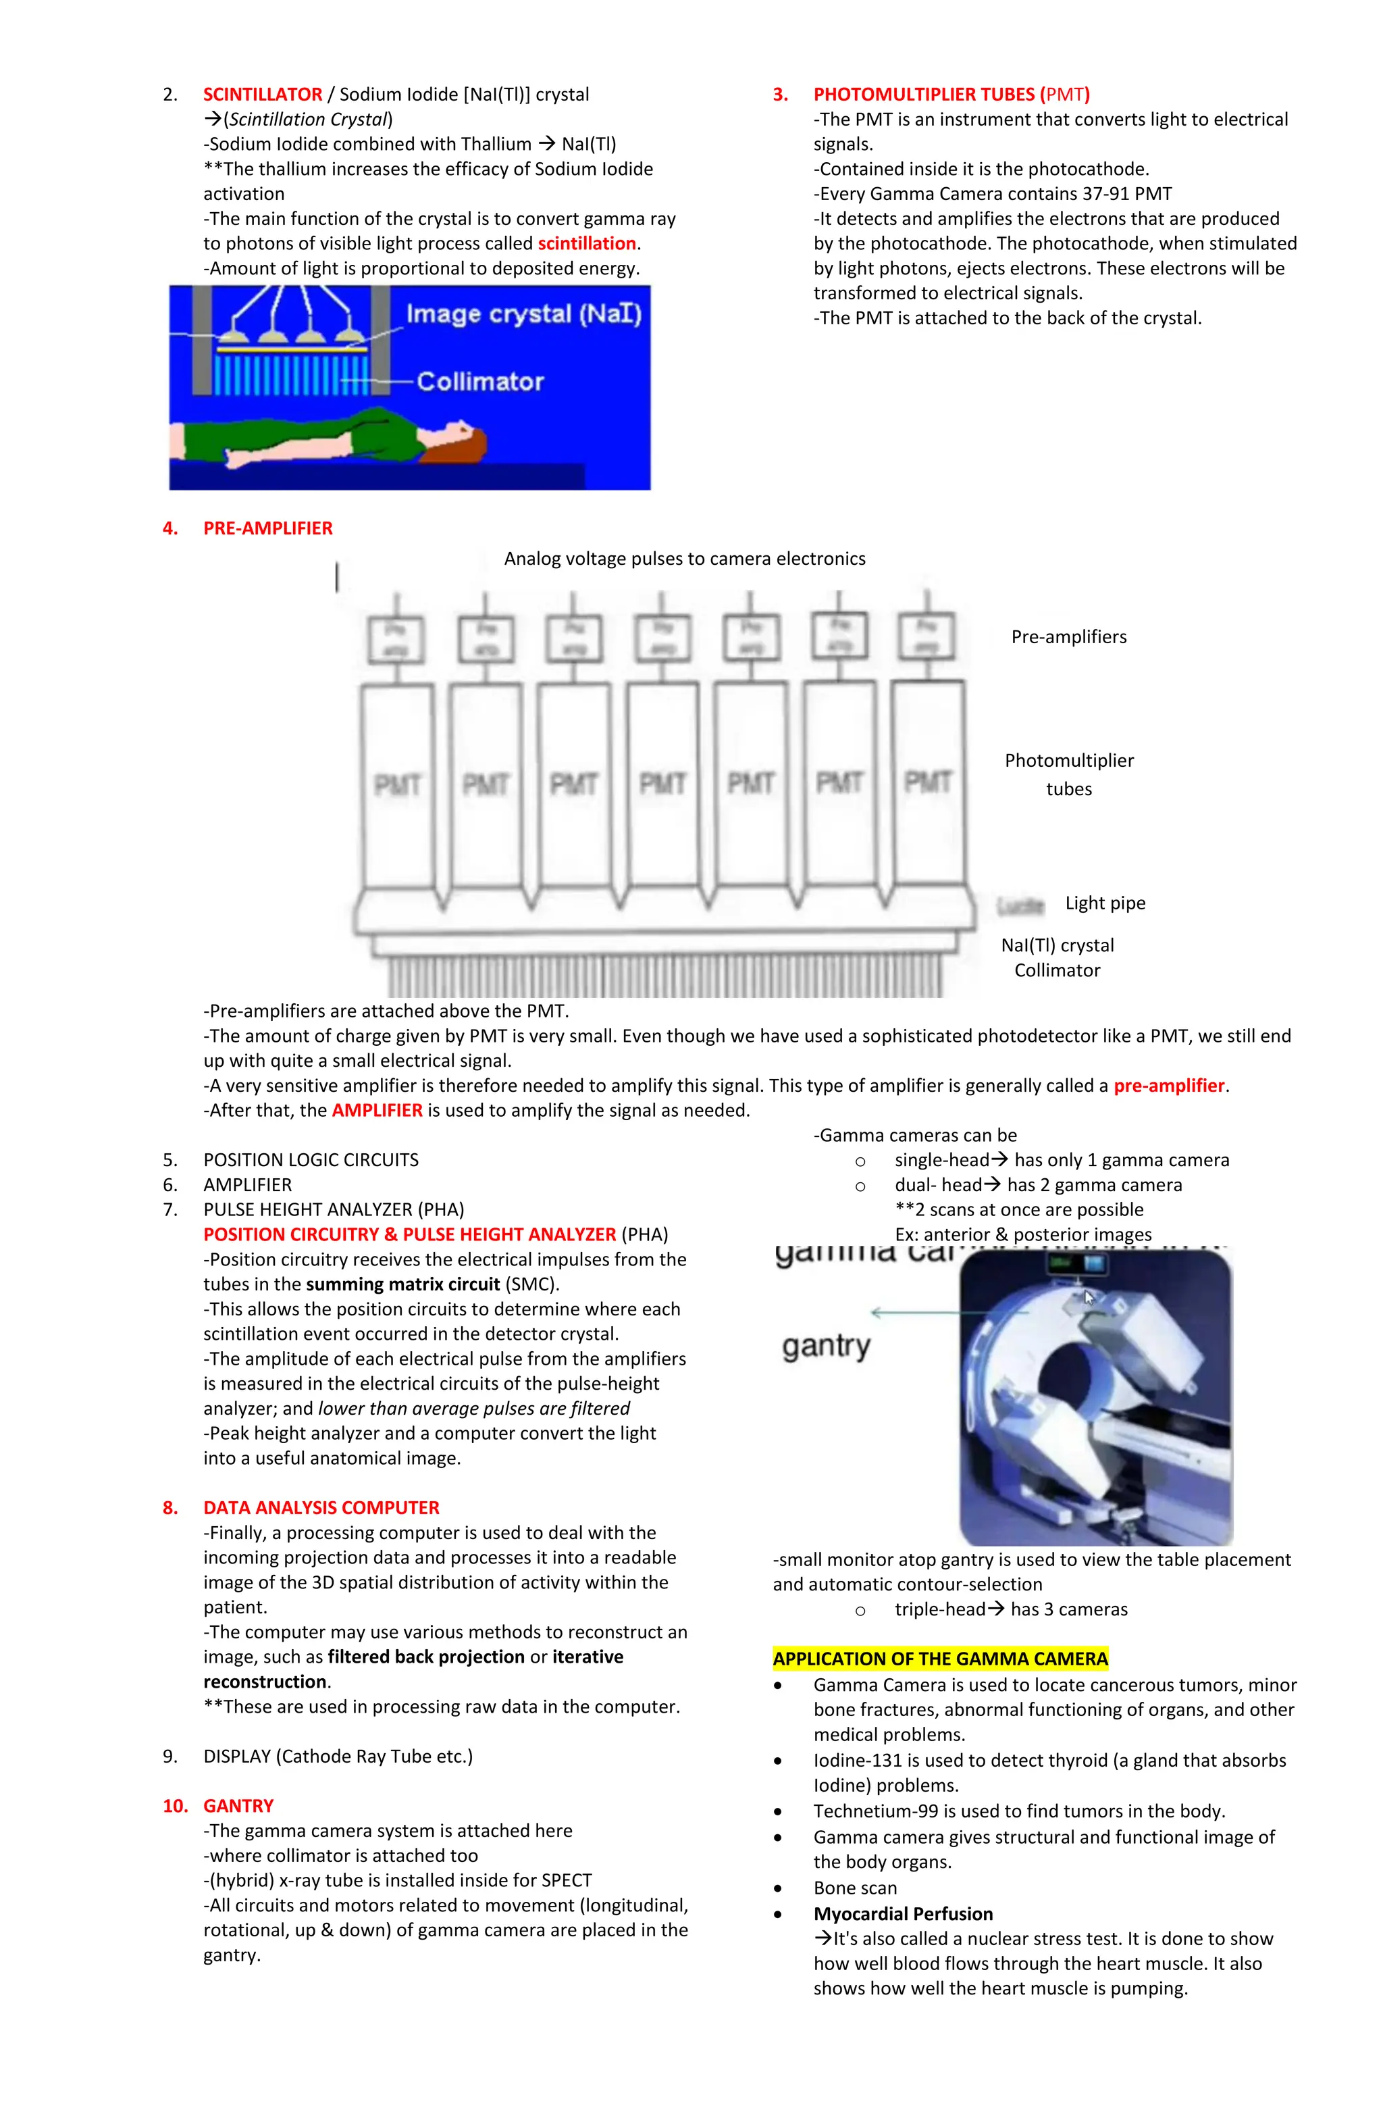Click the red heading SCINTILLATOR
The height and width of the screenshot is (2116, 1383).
pyautogui.click(x=262, y=94)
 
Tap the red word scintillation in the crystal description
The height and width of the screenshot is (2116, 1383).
pyautogui.click(x=587, y=244)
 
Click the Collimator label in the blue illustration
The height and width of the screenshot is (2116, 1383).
pyautogui.click(x=480, y=382)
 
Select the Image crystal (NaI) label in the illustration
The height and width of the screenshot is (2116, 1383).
pyautogui.click(x=523, y=314)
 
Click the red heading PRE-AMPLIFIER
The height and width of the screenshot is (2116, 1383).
pyautogui.click(x=267, y=528)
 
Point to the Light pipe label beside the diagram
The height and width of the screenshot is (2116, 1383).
pyautogui.click(x=1105, y=903)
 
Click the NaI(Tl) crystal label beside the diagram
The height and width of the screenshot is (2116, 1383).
pyautogui.click(x=1057, y=945)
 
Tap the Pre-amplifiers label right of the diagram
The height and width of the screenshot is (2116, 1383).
pyautogui.click(x=1068, y=636)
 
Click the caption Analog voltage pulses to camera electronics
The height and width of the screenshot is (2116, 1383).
pyautogui.click(x=684, y=558)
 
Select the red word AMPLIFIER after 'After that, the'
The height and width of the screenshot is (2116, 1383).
pyautogui.click(x=377, y=1111)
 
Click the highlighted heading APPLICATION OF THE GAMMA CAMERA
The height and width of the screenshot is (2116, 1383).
pyautogui.click(x=939, y=1659)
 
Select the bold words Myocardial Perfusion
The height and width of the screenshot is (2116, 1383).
pyautogui.click(x=903, y=1914)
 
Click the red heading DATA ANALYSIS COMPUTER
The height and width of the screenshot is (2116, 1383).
pyautogui.click(x=321, y=1508)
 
